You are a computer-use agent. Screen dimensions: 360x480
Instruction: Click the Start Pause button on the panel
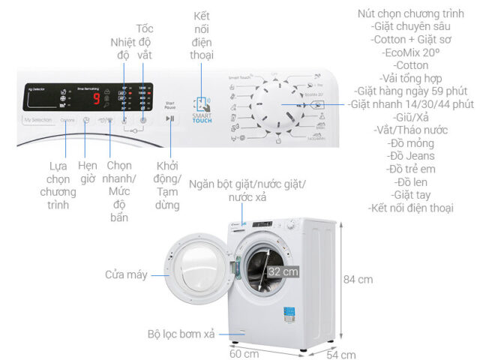[x=171, y=118]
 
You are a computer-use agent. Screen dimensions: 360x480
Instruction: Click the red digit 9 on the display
[x=97, y=97]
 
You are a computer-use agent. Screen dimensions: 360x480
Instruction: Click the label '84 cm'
[x=358, y=279]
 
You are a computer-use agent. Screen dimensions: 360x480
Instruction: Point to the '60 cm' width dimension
[x=245, y=352]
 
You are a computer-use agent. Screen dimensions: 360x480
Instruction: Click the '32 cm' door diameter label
[x=278, y=271]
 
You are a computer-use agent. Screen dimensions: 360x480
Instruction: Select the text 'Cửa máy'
[x=126, y=275]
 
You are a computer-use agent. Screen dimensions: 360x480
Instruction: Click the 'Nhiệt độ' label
[x=125, y=49]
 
